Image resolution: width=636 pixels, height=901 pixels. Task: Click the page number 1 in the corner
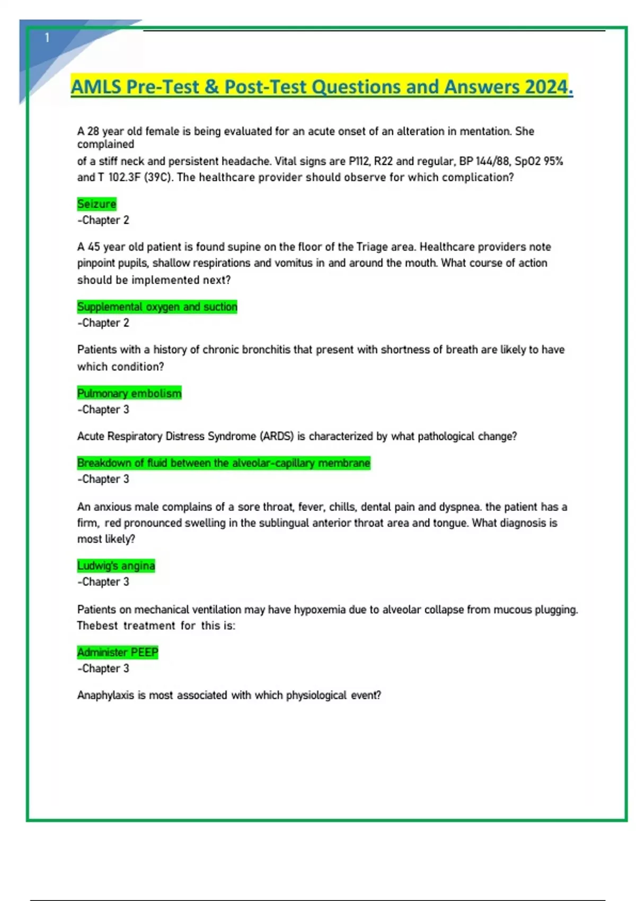tap(47, 38)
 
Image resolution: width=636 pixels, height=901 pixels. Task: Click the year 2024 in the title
tap(546, 87)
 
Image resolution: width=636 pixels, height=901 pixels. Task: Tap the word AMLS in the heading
tap(95, 87)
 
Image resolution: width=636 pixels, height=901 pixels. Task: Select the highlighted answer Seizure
tap(96, 204)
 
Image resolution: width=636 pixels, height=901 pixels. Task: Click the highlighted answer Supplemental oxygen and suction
tap(157, 307)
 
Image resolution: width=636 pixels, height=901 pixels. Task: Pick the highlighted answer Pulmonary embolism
tap(129, 393)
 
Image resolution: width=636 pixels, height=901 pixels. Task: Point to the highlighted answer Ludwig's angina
tap(116, 566)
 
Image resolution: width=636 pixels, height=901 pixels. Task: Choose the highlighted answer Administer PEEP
tap(118, 652)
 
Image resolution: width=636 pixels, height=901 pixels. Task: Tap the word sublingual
tap(284, 523)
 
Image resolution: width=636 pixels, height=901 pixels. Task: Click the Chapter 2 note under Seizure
tap(103, 220)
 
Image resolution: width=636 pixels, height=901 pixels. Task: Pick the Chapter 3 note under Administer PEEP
tap(103, 668)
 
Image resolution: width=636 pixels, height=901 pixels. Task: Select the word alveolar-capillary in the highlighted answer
tap(273, 463)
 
